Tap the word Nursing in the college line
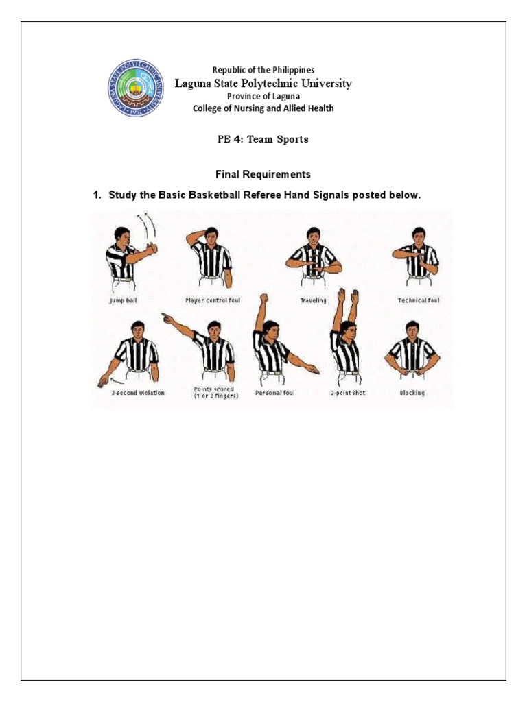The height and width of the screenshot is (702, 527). [246, 108]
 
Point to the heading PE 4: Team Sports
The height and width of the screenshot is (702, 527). [263, 139]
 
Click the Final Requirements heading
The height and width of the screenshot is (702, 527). [263, 175]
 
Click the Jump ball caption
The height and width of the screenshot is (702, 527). [124, 300]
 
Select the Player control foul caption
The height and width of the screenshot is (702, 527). [212, 300]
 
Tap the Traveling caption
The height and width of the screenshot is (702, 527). [313, 300]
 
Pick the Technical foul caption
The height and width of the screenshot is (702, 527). [418, 300]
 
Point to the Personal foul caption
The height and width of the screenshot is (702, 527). [274, 393]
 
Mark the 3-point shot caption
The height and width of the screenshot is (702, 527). [345, 393]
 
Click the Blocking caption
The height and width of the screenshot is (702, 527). [412, 393]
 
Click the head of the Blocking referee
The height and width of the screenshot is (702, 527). [412, 328]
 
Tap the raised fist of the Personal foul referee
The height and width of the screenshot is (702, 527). [262, 299]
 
